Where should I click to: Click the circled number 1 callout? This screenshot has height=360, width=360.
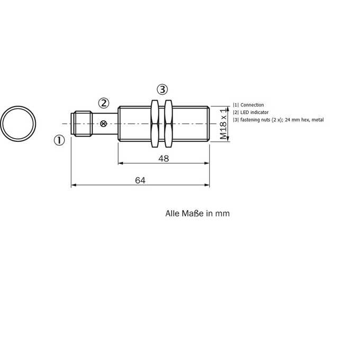59,140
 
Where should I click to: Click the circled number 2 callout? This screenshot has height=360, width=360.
104,103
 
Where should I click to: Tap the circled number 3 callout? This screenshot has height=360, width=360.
163,89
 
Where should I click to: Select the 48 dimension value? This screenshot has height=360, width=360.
164,158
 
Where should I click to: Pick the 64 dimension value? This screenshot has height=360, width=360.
140,181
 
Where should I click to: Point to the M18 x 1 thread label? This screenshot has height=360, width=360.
223,124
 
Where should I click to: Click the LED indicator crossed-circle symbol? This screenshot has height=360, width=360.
104,124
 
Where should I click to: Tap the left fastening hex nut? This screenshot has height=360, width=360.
155,123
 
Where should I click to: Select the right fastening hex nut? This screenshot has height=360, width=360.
168,123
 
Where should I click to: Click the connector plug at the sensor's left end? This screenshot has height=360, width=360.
82,124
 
